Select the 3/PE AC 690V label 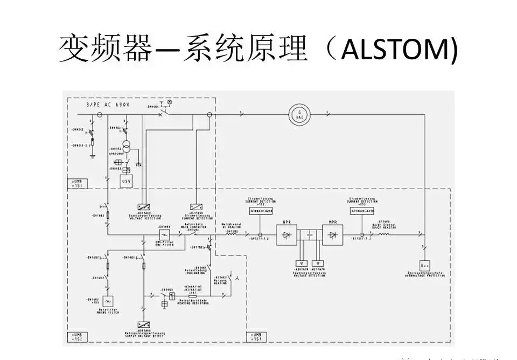pyautogui.click(x=108, y=105)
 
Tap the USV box pyautogui.click(x=126, y=181)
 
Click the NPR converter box pyautogui.click(x=287, y=235)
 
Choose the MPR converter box pyautogui.click(x=333, y=235)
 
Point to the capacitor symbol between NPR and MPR pyautogui.click(x=310, y=235)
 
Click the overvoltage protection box pyautogui.click(x=425, y=265)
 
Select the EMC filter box pyautogui.click(x=164, y=235)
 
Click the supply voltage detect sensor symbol pyautogui.click(x=144, y=325)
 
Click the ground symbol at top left pyautogui.click(x=93, y=156)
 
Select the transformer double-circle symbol pyautogui.click(x=127, y=146)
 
